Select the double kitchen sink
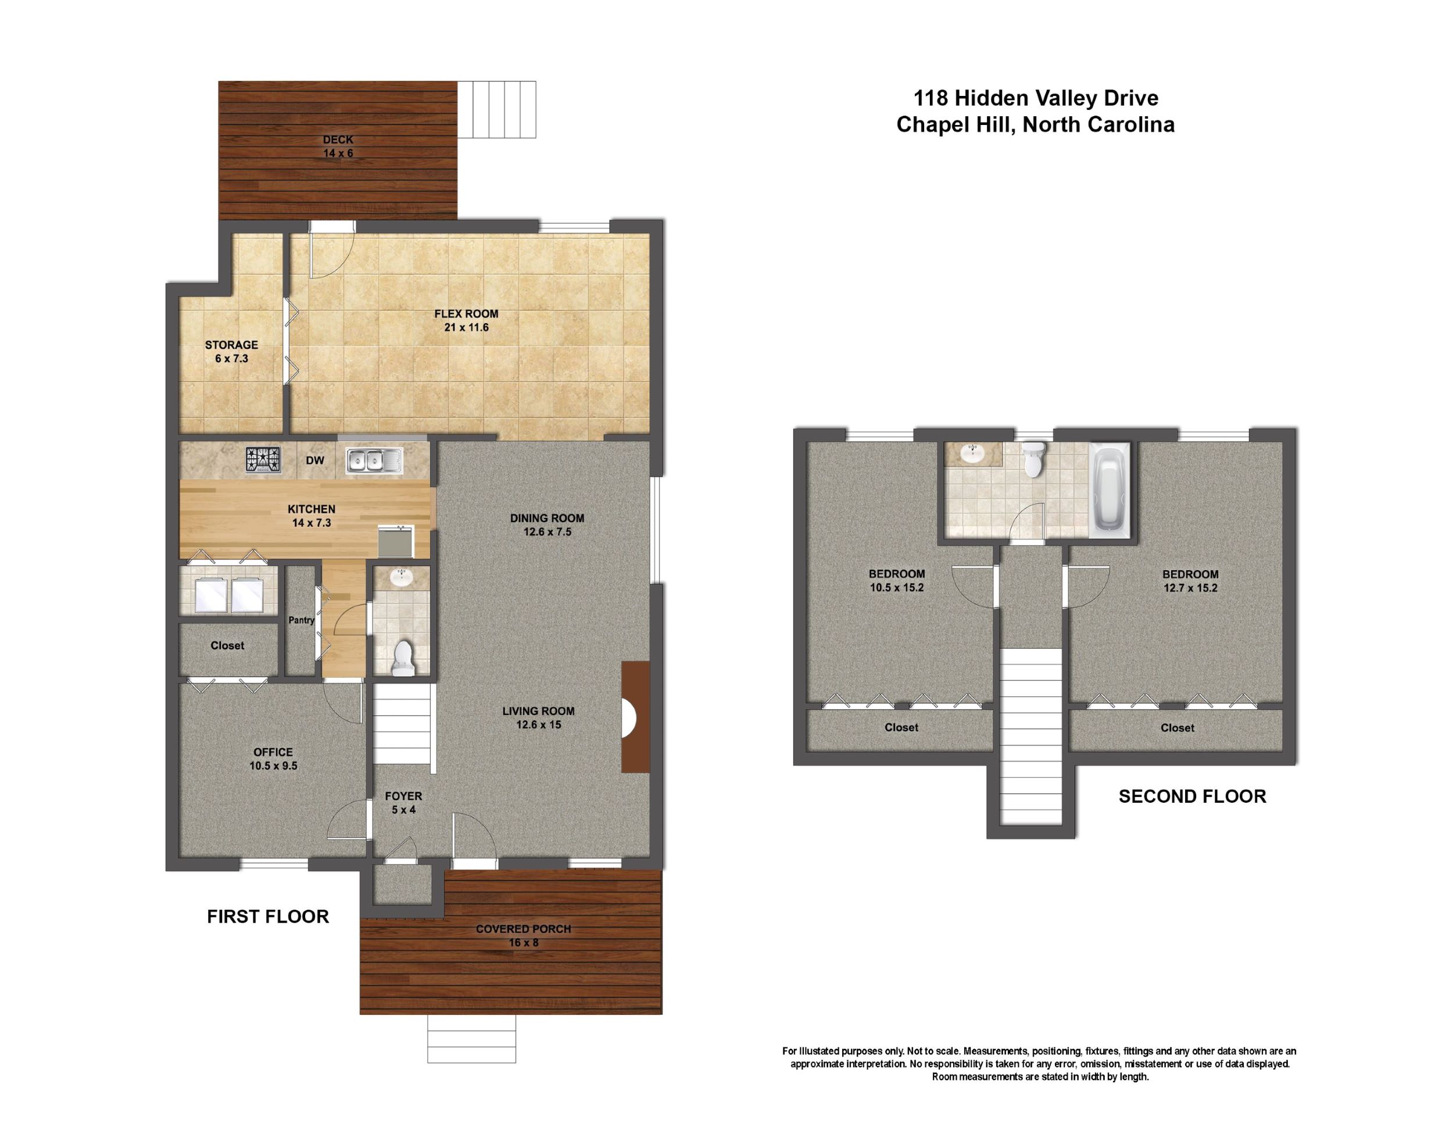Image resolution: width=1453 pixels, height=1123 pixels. pyautogui.click(x=373, y=460)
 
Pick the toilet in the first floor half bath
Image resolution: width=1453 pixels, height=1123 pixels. pyautogui.click(x=403, y=658)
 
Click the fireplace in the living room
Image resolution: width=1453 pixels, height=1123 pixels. pyautogui.click(x=635, y=717)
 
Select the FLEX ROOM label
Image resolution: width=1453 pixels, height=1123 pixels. pyautogui.click(x=466, y=314)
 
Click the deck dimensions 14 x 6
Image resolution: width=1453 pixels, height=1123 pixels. pyautogui.click(x=338, y=153)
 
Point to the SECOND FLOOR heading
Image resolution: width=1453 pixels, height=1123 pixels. pyautogui.click(x=1192, y=796)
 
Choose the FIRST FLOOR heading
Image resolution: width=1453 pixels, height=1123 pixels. pyautogui.click(x=268, y=917)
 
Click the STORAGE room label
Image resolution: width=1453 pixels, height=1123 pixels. pyautogui.click(x=231, y=345)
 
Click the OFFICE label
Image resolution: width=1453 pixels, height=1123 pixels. pyautogui.click(x=273, y=752)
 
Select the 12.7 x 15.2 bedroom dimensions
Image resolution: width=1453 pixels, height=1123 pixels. pyautogui.click(x=1190, y=588)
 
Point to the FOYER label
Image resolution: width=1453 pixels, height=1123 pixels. pyautogui.click(x=403, y=796)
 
